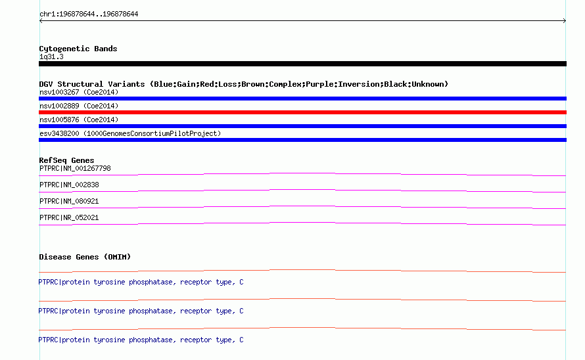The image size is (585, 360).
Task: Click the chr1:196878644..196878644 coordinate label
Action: pyautogui.click(x=89, y=14)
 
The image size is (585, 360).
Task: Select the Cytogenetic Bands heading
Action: pyautogui.click(x=78, y=49)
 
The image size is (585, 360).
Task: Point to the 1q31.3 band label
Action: pyautogui.click(x=51, y=56)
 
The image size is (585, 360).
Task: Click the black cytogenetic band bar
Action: pyautogui.click(x=302, y=64)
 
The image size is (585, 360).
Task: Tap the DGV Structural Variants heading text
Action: pyautogui.click(x=244, y=84)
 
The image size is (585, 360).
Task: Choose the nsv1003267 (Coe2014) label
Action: pyautogui.click(x=79, y=92)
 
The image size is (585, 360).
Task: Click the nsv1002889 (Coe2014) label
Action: pyautogui.click(x=79, y=106)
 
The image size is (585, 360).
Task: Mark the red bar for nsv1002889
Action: pyautogui.click(x=302, y=112)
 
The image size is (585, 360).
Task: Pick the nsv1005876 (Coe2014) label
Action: pyautogui.click(x=79, y=120)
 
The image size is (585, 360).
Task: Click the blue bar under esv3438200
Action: pyautogui.click(x=302, y=140)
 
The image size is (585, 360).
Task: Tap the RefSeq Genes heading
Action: pyautogui.click(x=66, y=160)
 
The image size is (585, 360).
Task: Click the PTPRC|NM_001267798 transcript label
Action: pyautogui.click(x=75, y=169)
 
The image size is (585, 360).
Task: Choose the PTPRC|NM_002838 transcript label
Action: pyautogui.click(x=69, y=185)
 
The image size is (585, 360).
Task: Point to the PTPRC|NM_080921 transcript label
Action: pyautogui.click(x=69, y=202)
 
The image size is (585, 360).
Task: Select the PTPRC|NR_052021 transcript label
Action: pyautogui.click(x=69, y=218)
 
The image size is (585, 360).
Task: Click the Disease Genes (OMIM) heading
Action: pyautogui.click(x=85, y=257)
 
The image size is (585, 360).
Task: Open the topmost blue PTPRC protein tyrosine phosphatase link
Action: pyautogui.click(x=141, y=282)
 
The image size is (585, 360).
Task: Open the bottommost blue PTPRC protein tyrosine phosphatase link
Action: pyautogui.click(x=141, y=340)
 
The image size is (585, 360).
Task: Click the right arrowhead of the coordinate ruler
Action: pyautogui.click(x=565, y=21)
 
